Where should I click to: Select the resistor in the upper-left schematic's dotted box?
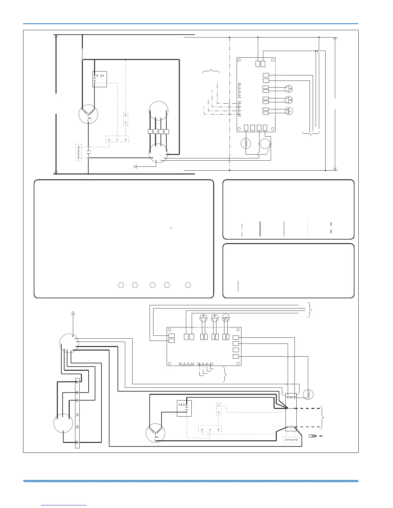tap(79, 152)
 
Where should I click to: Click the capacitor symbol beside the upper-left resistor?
tap(88, 152)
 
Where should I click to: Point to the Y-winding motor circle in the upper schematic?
tap(88, 114)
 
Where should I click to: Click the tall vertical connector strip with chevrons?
tap(77, 413)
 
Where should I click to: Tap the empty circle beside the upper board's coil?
tap(265, 143)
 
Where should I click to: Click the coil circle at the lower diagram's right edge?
tap(308, 394)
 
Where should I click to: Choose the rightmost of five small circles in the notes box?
tap(188, 285)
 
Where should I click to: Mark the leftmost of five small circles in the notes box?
tap(121, 285)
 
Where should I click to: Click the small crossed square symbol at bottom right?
tap(312, 436)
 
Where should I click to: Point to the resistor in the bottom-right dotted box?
tap(292, 440)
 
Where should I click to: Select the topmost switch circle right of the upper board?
tap(289, 89)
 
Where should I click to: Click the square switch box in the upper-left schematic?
tap(100, 79)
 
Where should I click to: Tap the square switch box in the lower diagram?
tap(184, 408)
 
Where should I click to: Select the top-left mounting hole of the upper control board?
tap(240, 60)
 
